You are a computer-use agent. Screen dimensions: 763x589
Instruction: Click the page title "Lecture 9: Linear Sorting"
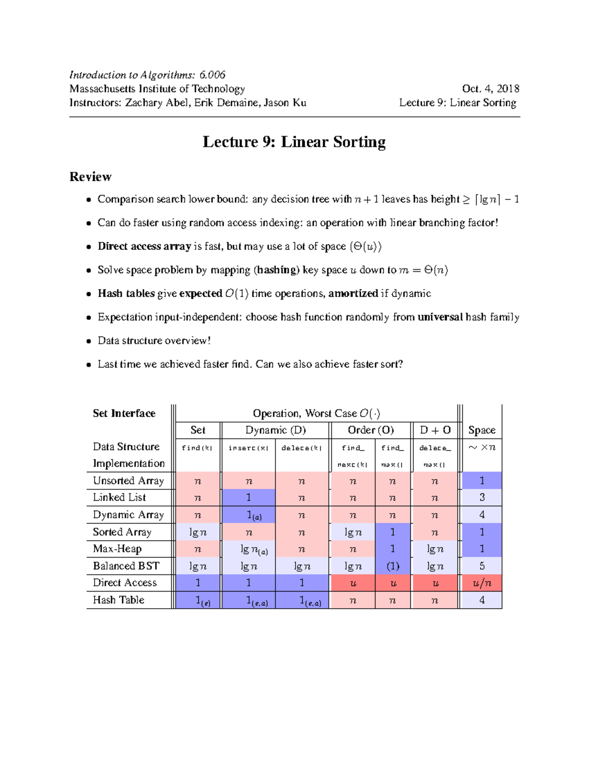[294, 142]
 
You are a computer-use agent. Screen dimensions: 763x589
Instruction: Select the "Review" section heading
[90, 177]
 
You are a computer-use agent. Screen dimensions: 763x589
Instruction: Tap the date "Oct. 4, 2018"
[490, 89]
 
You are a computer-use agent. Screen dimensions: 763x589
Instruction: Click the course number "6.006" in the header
[213, 75]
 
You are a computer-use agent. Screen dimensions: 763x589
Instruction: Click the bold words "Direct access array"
[144, 246]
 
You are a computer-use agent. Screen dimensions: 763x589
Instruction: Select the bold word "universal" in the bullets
[440, 317]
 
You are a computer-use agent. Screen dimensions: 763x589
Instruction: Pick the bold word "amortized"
[353, 293]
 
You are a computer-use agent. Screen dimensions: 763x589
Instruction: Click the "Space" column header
[482, 430]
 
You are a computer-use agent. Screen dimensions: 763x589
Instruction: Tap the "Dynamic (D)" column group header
[275, 430]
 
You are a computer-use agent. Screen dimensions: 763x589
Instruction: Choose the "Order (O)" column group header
[371, 430]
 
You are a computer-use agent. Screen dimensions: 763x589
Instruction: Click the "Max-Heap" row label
[117, 549]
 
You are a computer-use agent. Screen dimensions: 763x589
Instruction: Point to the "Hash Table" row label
[119, 600]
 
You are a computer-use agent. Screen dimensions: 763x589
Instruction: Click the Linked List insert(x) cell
[248, 498]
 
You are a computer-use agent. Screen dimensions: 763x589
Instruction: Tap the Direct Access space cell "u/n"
[482, 583]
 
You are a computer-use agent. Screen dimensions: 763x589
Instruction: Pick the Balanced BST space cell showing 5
[482, 566]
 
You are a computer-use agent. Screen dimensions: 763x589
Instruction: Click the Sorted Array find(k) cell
[198, 532]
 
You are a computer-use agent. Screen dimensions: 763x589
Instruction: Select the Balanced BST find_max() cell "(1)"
[393, 566]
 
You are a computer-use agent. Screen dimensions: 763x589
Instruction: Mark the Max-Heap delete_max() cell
[435, 549]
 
